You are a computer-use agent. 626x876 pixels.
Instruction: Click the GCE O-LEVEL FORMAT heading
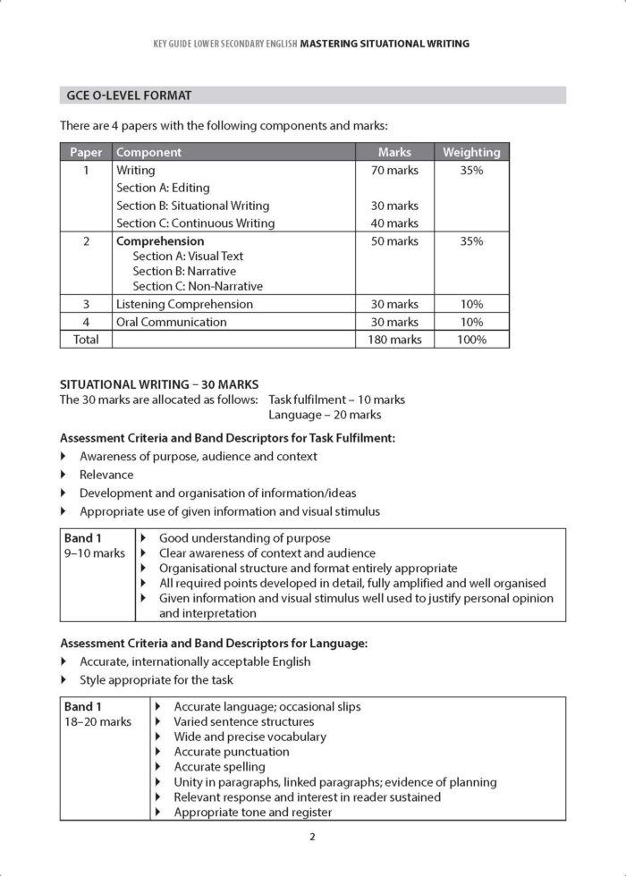129,95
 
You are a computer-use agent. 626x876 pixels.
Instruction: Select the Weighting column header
471,152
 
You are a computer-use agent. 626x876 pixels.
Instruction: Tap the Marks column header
394,152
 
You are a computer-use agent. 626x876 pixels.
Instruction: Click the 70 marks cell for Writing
394,170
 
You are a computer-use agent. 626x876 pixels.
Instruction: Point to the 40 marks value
394,223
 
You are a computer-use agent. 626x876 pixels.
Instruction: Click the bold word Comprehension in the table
160,241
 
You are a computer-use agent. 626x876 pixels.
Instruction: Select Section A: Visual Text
188,256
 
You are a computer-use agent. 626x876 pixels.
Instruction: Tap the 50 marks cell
394,241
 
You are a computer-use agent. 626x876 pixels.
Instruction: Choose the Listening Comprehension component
184,304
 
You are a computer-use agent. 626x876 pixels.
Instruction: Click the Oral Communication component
172,322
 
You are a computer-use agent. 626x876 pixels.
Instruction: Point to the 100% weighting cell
471,340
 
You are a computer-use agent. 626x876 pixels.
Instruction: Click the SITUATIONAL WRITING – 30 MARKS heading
141,384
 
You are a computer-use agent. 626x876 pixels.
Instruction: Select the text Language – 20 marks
325,415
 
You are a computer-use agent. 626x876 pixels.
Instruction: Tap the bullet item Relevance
106,475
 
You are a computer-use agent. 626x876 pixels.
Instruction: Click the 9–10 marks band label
95,553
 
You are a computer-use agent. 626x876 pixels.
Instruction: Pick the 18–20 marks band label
97,721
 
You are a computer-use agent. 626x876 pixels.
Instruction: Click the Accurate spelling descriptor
219,766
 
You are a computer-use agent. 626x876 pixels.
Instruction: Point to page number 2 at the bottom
312,838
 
